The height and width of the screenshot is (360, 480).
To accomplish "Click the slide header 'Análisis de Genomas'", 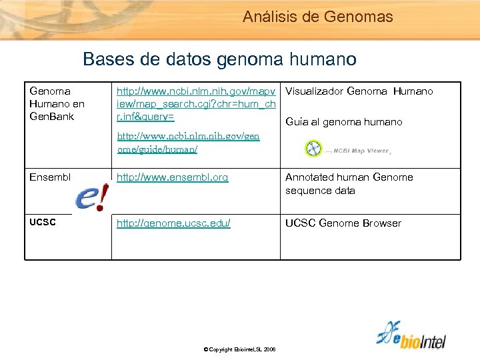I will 318,17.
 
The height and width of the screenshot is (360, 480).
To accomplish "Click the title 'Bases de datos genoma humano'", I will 219,60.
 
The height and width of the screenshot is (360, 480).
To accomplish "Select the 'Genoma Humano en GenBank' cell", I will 57,103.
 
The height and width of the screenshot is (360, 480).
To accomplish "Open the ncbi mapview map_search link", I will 197,103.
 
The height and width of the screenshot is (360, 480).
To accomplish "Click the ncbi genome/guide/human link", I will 189,143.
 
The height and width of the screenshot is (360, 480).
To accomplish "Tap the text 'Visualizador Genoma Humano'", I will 359,91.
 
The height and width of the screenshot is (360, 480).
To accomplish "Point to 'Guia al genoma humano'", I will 344,122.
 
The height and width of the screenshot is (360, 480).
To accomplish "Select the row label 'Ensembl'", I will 49,177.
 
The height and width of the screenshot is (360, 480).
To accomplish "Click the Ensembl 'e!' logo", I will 91,197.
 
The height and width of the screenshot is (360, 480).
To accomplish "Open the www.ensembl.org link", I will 173,177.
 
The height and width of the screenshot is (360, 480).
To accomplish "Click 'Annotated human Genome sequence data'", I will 349,184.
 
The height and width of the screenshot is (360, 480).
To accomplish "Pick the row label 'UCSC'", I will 43,223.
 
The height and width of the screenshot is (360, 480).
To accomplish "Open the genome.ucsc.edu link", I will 174,223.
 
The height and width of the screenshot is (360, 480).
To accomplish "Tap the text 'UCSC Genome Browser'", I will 343,223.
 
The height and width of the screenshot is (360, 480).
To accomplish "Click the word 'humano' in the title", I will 323,60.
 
